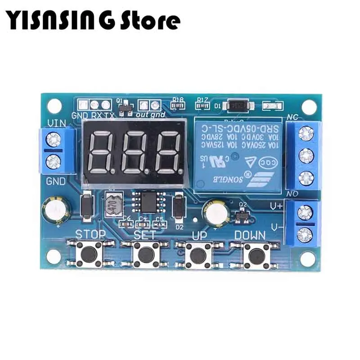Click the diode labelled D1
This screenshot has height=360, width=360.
pyautogui.click(x=238, y=106)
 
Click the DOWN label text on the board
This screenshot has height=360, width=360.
pyautogui.click(x=250, y=235)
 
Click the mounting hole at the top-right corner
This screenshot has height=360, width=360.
pyautogui.click(x=308, y=107)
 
